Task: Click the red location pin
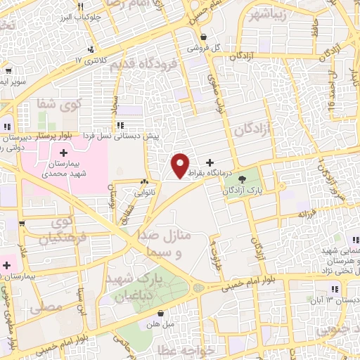tap(181, 165)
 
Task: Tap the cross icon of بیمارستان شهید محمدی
tap(63, 153)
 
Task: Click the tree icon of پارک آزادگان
tap(243, 179)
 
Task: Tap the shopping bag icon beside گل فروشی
tap(203, 38)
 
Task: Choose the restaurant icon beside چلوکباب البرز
tap(91, 49)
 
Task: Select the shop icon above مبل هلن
tap(161, 314)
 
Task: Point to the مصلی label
tap(50, 307)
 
